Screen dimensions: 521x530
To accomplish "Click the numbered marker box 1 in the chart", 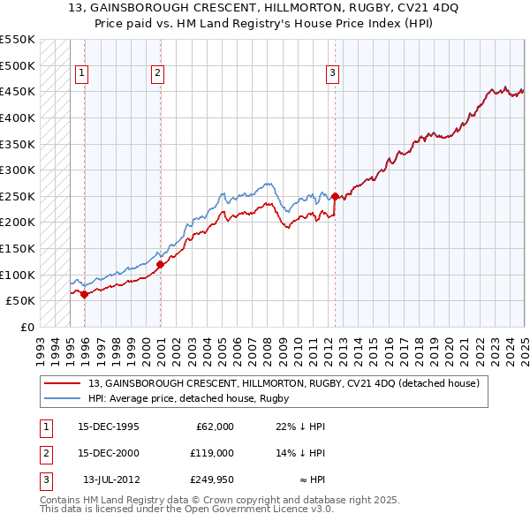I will [x=81, y=74].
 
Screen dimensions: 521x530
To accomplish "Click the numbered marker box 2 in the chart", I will [x=157, y=74].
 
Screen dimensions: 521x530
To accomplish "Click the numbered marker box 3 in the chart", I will [x=333, y=74].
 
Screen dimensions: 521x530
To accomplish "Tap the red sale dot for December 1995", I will [x=84, y=295].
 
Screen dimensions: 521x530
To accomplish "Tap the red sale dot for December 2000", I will [x=160, y=264].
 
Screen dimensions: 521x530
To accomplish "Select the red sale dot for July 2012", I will [x=335, y=196].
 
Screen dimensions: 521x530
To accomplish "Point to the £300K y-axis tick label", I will [x=18, y=170].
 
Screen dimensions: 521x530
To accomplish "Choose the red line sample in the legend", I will [x=64, y=383].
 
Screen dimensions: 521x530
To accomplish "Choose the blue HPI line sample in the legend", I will [x=64, y=398].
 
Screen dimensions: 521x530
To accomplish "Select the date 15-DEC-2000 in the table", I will [x=109, y=453].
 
